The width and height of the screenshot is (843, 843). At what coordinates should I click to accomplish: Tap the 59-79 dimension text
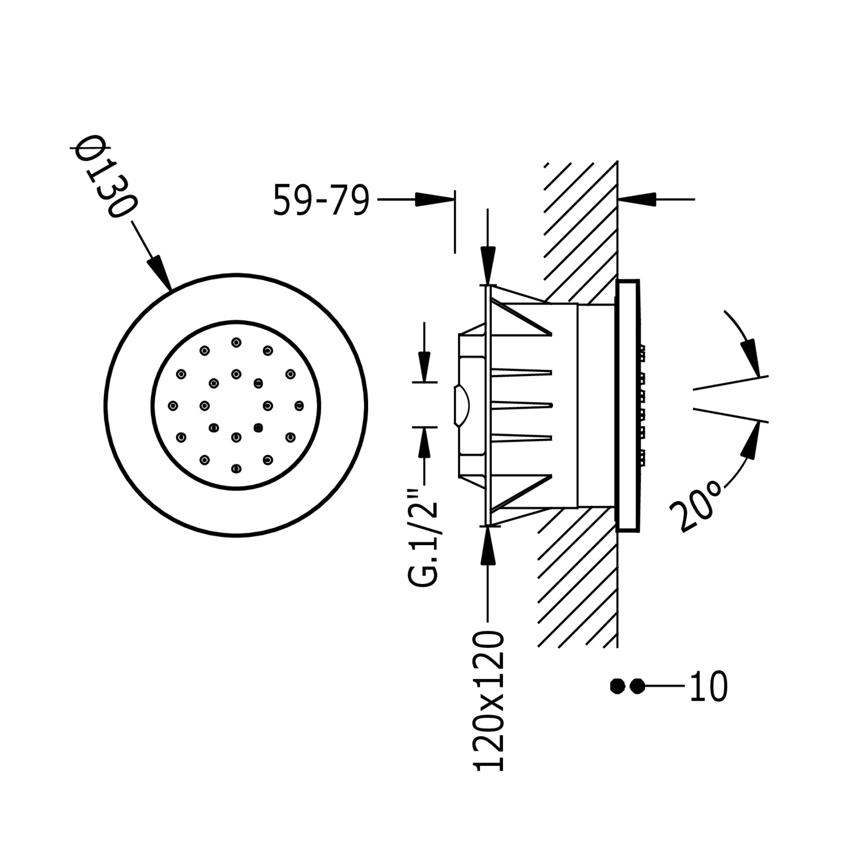[321, 200]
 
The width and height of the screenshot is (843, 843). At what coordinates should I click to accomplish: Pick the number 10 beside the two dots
[708, 686]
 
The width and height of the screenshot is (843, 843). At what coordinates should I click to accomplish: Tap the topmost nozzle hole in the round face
[236, 342]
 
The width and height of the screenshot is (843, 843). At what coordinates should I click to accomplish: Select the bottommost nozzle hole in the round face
[236, 468]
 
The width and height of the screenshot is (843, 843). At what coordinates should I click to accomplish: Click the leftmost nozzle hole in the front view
[173, 405]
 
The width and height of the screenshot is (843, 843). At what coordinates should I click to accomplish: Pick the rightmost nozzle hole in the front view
[298, 405]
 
